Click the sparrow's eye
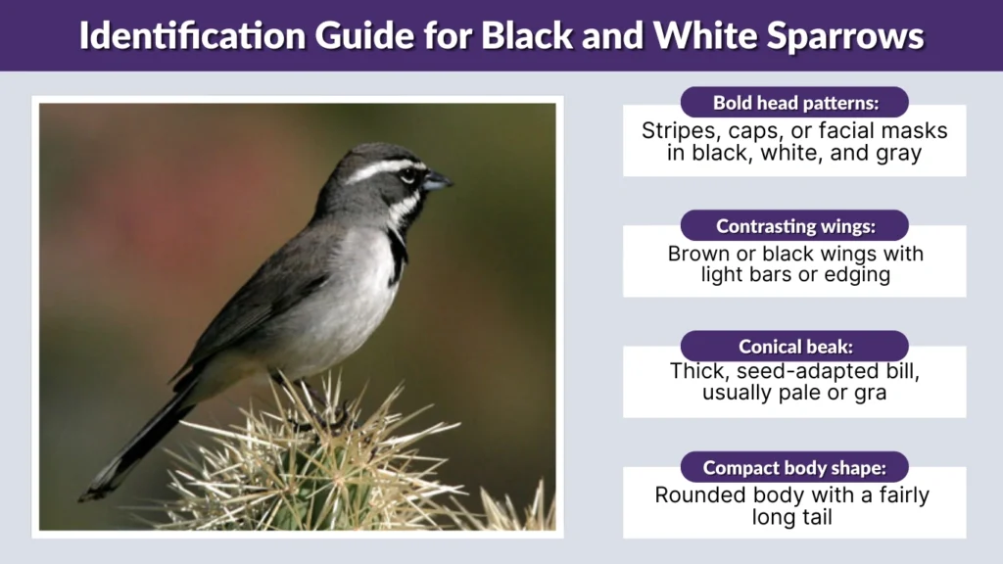point(407,176)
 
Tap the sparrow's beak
point(437,181)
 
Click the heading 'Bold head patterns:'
point(794,103)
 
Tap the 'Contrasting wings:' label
point(794,226)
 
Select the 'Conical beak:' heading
point(794,347)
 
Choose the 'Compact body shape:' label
point(794,467)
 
